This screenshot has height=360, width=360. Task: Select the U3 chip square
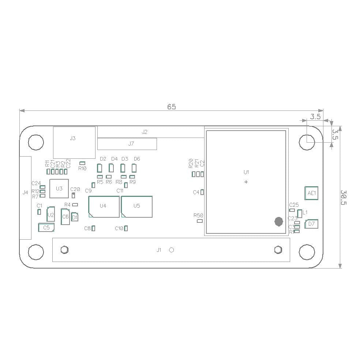point(59,188)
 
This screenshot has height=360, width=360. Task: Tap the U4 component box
point(104,206)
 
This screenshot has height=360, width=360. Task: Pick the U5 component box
point(136,206)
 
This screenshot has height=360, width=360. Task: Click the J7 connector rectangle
point(127,144)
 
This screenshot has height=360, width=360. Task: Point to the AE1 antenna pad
point(311,193)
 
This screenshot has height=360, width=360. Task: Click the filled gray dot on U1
point(278,221)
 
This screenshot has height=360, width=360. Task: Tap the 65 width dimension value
point(171,107)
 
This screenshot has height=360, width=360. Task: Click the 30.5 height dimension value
point(344,197)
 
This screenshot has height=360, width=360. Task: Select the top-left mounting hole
point(36,142)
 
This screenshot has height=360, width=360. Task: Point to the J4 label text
point(25,192)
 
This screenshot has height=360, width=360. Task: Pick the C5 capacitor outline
point(46,228)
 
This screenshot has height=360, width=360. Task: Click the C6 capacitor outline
point(65,217)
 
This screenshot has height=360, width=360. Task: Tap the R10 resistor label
point(82,168)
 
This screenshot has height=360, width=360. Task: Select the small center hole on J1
point(171,250)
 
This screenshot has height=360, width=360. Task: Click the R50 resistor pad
point(199,221)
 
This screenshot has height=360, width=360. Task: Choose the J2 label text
point(145,132)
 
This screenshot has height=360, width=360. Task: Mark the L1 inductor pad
point(300,214)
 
